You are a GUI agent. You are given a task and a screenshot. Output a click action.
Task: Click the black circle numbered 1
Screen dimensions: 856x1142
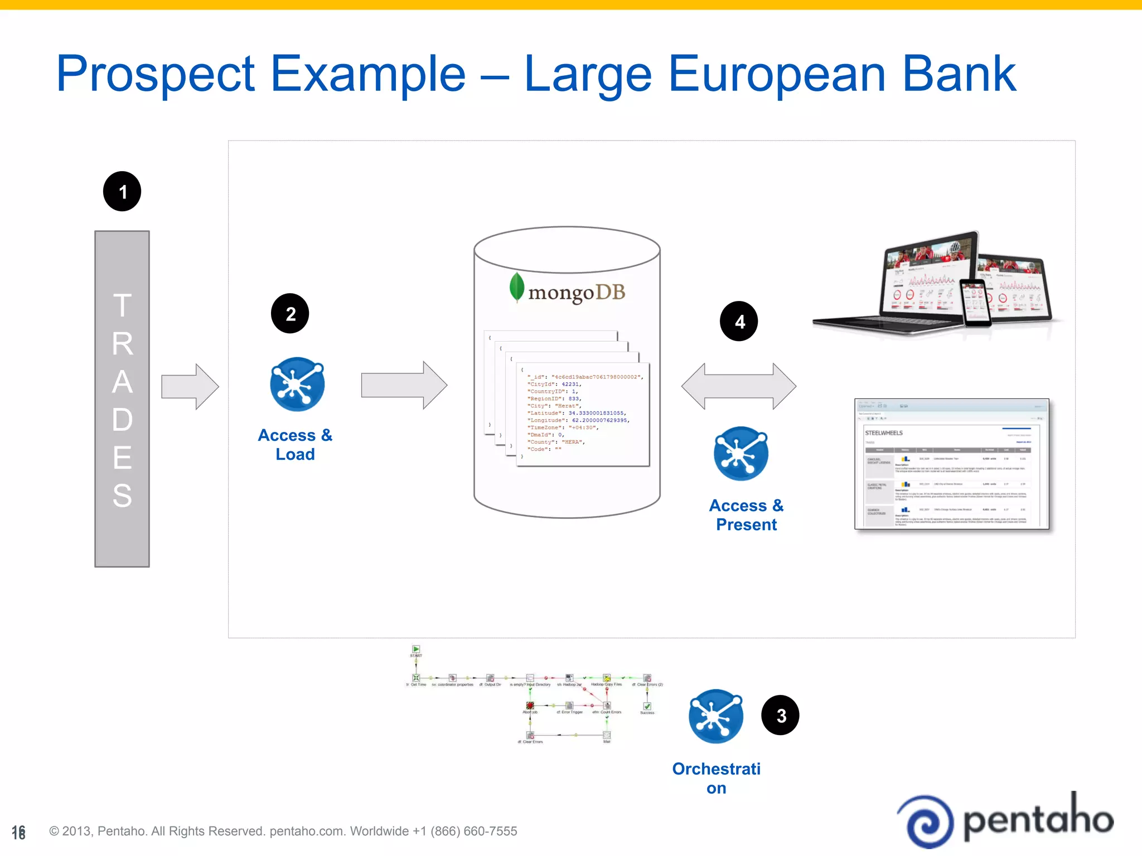[122, 191]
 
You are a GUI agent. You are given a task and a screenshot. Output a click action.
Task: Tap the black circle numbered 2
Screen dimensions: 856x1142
[290, 313]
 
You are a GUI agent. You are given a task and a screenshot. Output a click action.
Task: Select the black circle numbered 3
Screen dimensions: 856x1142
[780, 715]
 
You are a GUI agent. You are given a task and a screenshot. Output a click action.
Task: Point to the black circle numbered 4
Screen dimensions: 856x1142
[739, 321]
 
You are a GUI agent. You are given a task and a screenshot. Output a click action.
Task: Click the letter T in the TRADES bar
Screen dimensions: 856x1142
[122, 305]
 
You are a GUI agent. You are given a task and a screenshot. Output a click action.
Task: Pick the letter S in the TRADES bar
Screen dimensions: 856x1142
[122, 495]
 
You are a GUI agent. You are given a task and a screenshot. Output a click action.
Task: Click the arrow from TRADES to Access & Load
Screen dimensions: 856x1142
[190, 386]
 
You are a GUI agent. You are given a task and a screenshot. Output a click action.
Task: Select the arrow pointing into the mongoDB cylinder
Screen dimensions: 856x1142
[404, 385]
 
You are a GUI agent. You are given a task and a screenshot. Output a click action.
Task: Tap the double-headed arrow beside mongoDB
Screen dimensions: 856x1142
[738, 386]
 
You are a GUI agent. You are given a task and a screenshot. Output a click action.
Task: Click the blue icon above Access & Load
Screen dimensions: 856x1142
[297, 384]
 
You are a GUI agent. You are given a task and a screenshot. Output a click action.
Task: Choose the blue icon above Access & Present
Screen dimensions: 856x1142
[741, 454]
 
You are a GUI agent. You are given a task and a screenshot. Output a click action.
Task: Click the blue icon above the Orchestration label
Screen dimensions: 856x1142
[716, 716]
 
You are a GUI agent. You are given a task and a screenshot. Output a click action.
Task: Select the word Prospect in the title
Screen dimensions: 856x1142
[156, 75]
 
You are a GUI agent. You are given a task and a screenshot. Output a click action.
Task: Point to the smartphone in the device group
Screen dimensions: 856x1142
[974, 303]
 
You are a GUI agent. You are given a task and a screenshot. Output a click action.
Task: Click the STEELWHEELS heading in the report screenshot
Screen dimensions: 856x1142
[884, 433]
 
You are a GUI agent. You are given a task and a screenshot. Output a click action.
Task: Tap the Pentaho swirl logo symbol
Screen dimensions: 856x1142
[927, 821]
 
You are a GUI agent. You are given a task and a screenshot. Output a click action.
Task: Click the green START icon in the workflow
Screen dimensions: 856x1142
[416, 649]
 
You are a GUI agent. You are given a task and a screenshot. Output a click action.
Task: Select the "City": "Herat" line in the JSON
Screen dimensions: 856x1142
[555, 406]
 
